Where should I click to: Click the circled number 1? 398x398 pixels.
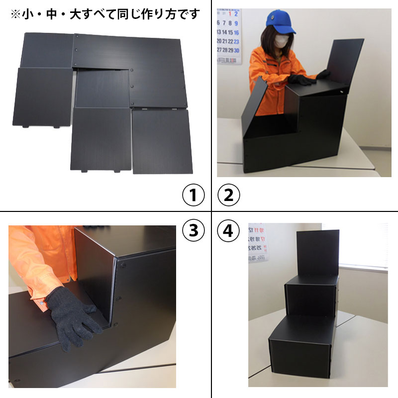coord(193,195)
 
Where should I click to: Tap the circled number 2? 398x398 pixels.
coord(229,195)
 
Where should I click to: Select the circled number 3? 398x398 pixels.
coord(193,230)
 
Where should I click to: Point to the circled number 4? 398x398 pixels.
coord(229,230)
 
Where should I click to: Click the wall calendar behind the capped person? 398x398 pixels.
coord(229,35)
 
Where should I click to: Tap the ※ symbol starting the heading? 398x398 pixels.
coord(15,14)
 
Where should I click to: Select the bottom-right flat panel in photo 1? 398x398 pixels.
coord(162,141)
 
